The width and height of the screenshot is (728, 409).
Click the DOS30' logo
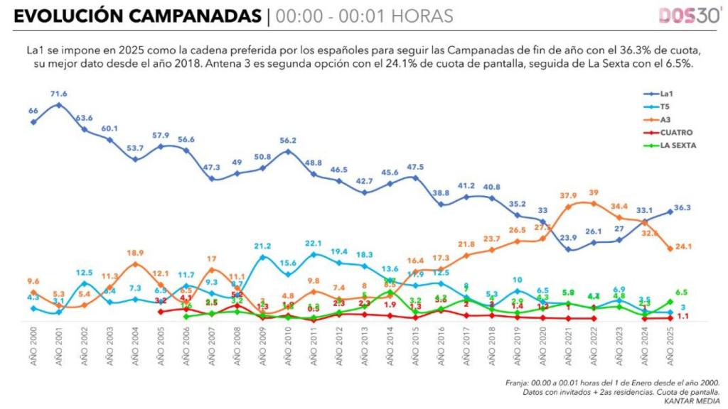point(689,16)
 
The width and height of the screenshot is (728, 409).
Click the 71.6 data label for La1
point(58,94)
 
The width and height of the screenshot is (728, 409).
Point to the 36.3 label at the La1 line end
point(682,208)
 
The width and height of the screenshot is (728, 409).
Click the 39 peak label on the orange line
point(593,192)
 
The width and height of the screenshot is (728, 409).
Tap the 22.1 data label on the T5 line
point(314,244)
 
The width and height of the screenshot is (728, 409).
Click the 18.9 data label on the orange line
point(135,253)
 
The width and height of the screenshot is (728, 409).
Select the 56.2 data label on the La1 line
point(288,141)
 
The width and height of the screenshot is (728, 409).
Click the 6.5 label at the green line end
point(681,292)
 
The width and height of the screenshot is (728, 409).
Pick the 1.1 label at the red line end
point(681,317)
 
